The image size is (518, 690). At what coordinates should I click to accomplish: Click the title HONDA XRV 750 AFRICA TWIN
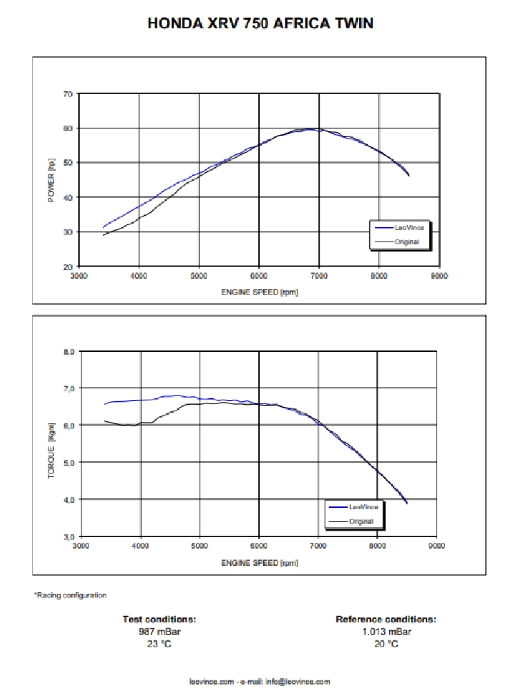coord(260,23)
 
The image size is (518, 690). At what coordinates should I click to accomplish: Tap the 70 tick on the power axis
coord(68,93)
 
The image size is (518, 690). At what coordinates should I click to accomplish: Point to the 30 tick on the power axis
coord(68,232)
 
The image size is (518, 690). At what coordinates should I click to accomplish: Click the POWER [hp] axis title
coord(51,180)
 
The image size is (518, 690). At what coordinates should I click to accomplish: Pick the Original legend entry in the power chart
coord(406,242)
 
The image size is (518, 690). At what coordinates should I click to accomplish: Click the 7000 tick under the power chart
coord(318,276)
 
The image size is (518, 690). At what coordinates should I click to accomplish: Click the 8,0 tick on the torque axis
coord(68,351)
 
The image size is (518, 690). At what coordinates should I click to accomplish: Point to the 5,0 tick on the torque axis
coord(68,462)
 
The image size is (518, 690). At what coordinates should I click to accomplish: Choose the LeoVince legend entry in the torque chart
coord(359,506)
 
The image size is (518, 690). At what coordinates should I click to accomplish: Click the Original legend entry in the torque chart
coord(361,521)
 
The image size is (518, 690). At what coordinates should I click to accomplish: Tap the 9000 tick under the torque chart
coord(437,546)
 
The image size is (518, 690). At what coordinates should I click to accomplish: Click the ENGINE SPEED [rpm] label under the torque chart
coord(259,562)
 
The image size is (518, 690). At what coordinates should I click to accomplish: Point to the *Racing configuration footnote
coord(70,595)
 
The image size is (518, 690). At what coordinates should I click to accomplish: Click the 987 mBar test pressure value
coord(159,631)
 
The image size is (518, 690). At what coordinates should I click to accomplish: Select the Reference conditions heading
coord(385,619)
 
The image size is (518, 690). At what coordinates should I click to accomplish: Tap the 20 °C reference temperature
coord(385,644)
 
